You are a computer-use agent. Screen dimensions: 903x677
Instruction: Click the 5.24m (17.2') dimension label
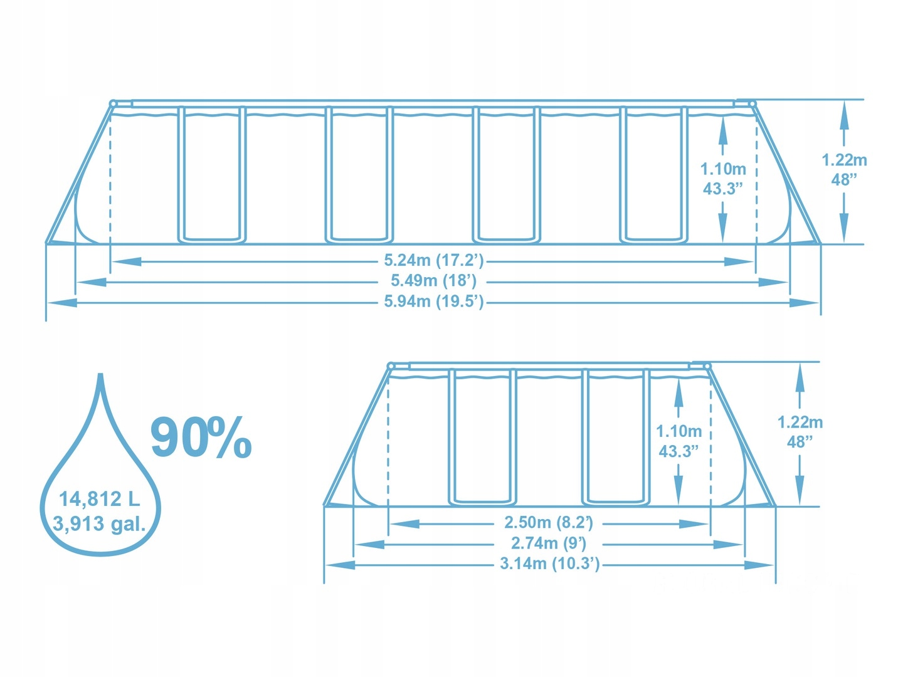click(x=433, y=261)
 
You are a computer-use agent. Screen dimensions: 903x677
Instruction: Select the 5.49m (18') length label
click(x=433, y=281)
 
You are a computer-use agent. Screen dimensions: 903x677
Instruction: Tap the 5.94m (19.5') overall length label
click(x=433, y=302)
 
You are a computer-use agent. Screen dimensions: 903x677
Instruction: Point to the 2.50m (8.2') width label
click(x=549, y=523)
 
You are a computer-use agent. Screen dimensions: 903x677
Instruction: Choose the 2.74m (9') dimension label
click(x=548, y=543)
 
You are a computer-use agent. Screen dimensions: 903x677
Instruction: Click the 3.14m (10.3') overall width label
click(x=549, y=564)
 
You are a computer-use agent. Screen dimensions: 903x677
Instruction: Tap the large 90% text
click(x=201, y=438)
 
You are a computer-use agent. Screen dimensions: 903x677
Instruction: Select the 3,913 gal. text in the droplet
click(x=99, y=524)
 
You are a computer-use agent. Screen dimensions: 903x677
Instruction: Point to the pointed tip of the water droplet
click(x=100, y=374)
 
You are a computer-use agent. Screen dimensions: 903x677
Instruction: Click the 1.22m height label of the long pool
click(x=844, y=160)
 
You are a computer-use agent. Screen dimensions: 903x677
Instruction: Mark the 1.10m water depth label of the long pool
click(x=723, y=169)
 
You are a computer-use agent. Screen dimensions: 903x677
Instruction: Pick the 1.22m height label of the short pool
click(x=800, y=422)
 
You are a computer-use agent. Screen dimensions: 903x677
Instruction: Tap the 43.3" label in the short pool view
click(x=679, y=451)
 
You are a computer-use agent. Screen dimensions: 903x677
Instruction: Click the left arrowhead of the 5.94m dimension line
click(x=61, y=303)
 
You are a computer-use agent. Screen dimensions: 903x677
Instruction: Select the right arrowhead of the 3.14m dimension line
click(x=759, y=565)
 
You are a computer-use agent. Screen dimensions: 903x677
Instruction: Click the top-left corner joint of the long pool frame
click(x=113, y=103)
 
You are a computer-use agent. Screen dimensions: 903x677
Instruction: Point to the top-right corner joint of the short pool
click(x=707, y=366)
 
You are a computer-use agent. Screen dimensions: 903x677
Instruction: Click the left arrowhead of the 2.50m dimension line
click(x=404, y=523)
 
